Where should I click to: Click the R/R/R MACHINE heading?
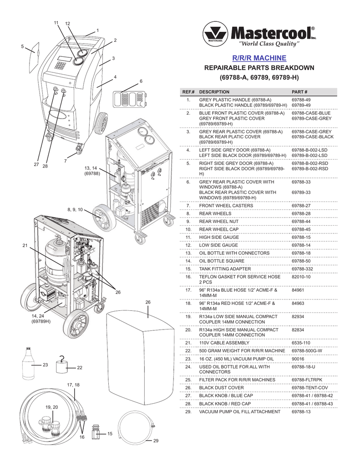(x=259, y=58)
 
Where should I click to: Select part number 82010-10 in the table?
(x=301, y=276)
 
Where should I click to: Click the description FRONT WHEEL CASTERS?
(x=222, y=206)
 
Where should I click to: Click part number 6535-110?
(x=301, y=343)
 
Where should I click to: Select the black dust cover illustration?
(x=141, y=355)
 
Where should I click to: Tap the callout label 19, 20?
(x=52, y=406)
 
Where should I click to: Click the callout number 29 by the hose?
(x=156, y=441)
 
